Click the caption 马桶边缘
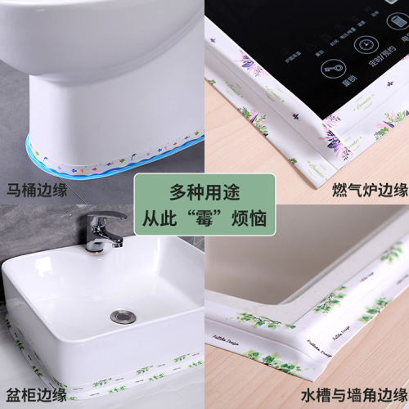click(x=37, y=191)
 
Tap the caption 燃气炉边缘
click(x=370, y=191)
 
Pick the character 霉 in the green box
click(x=204, y=219)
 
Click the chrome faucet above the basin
click(x=102, y=231)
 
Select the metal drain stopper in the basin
click(x=121, y=315)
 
